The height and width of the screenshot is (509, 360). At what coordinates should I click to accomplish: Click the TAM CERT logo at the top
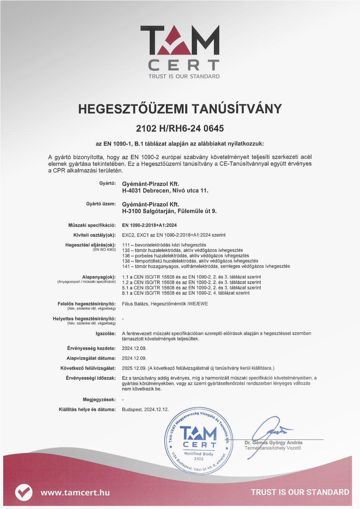[180, 51]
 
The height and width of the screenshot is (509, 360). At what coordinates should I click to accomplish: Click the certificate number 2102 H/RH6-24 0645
[180, 128]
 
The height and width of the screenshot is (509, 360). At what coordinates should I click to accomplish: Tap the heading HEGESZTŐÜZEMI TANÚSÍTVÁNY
[180, 109]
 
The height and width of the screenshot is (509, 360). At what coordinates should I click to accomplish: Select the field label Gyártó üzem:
[101, 204]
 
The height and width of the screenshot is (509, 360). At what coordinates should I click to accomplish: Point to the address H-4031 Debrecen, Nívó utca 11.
[165, 190]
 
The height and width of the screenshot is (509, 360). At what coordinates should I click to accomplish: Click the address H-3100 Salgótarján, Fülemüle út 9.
[169, 211]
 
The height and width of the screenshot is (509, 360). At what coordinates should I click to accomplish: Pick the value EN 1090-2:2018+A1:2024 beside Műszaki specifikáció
[149, 225]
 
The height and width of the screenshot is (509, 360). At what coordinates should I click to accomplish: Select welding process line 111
[164, 245]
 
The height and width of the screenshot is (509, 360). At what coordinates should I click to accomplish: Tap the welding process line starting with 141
[206, 266]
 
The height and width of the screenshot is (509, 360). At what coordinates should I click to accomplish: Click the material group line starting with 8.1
[186, 293]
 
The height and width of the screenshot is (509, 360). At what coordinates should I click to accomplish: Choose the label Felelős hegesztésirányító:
[86, 304]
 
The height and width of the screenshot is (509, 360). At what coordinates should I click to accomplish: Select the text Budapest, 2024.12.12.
[145, 410]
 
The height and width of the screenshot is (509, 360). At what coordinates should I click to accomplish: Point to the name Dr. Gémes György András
[273, 443]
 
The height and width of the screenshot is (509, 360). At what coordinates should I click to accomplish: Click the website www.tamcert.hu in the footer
[75, 492]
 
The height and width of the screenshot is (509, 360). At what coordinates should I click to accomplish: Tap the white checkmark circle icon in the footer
[24, 492]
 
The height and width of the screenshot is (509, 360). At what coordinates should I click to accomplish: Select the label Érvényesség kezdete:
[91, 348]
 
